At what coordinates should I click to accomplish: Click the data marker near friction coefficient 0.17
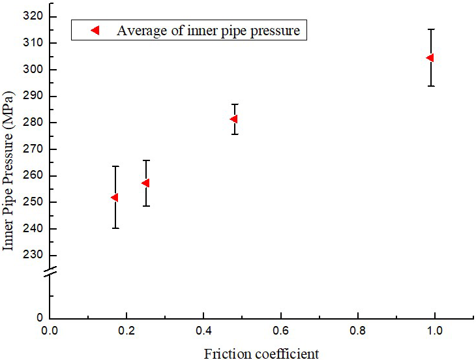click(x=115, y=197)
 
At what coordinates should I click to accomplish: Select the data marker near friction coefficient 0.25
click(x=145, y=183)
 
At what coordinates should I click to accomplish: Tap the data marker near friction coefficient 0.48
click(x=233, y=119)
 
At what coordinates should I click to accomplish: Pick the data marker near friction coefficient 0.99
click(x=430, y=57)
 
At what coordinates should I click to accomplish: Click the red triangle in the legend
click(x=95, y=30)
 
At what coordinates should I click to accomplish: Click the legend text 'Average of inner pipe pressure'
click(x=209, y=30)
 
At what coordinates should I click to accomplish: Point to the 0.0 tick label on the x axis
click(x=50, y=331)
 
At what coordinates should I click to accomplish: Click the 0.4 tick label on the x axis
click(x=203, y=331)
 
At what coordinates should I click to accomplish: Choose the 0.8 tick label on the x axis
click(x=357, y=331)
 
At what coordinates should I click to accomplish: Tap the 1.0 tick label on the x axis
click(x=434, y=331)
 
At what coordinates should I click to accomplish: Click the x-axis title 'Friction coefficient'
click(x=261, y=353)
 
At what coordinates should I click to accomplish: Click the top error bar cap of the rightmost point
click(x=431, y=29)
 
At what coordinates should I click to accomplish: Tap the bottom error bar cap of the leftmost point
click(x=115, y=228)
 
